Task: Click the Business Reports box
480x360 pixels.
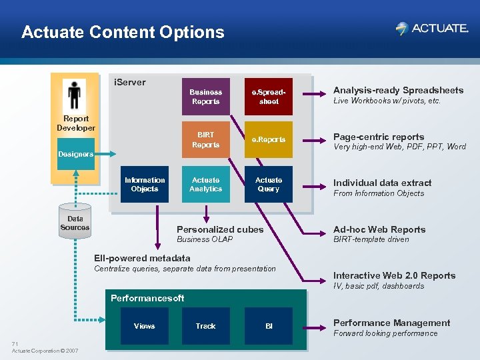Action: point(205,97)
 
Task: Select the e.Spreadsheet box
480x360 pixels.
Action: point(269,97)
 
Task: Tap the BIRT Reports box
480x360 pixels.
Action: point(205,139)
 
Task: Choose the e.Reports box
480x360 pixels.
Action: point(269,139)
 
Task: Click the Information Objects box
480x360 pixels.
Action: point(145,184)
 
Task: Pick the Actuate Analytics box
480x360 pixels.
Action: point(205,184)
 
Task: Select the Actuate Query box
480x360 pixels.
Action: point(269,184)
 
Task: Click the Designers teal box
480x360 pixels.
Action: point(75,154)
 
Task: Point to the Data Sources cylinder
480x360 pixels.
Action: point(75,223)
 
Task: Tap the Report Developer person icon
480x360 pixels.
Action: point(74,95)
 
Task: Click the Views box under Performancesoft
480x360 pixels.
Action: point(144,326)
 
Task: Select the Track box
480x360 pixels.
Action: point(205,326)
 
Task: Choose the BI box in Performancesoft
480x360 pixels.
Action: point(269,326)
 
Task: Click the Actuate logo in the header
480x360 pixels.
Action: point(431,29)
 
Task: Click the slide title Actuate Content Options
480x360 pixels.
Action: point(123,32)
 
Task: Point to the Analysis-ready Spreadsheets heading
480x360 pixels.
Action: point(398,90)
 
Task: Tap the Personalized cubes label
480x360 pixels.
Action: point(220,229)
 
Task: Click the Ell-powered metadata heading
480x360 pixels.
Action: point(142,258)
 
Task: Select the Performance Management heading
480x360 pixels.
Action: point(391,323)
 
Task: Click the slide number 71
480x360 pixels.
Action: point(15,344)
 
